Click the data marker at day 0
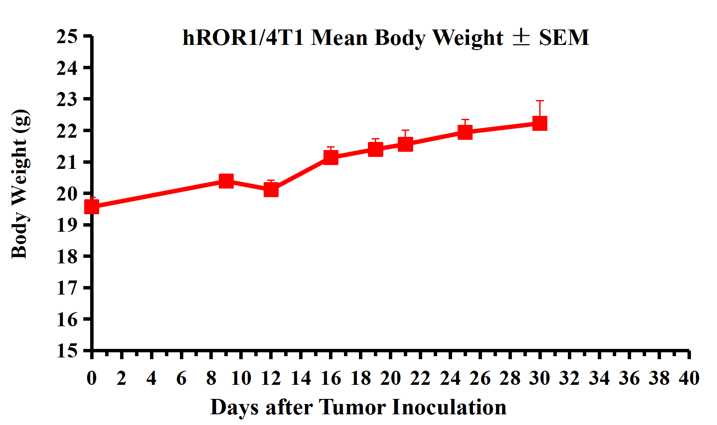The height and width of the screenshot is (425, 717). pos(92,207)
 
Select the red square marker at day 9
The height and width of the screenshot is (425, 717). pos(226,181)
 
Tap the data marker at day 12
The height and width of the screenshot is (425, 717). pos(271,189)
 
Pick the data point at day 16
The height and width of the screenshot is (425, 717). pos(331,157)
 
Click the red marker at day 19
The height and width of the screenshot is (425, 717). pos(376,149)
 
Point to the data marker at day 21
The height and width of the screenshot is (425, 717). pos(406,144)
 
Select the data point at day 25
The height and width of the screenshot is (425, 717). pos(465,132)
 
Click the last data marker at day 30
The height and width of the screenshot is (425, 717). pos(540,123)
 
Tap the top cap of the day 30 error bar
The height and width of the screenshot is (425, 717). pos(540,101)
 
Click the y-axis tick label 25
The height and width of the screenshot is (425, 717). pos(67,37)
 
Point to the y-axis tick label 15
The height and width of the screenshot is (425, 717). pos(67,351)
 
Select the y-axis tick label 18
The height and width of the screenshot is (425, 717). pos(67,257)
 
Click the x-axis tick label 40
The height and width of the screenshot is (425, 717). pos(689,378)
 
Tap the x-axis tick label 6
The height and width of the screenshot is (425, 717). pos(181,378)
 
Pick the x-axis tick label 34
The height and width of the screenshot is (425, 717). pos(599,378)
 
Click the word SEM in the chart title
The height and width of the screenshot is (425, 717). pos(564,38)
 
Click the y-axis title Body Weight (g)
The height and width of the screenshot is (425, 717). pos(21,184)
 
